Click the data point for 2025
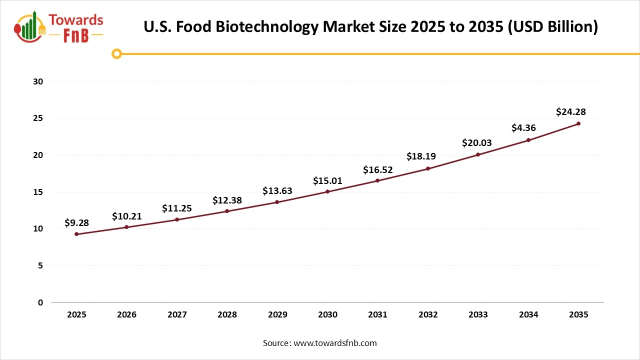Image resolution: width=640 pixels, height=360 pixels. pyautogui.click(x=76, y=234)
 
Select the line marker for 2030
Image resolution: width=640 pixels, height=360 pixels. pyautogui.click(x=327, y=191)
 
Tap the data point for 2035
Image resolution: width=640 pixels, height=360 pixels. pyautogui.click(x=578, y=123)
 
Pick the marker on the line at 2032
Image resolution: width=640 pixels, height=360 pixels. pyautogui.click(x=428, y=168)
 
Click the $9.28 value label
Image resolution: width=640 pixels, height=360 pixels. pyautogui.click(x=76, y=223)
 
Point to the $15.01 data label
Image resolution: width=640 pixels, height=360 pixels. pyautogui.click(x=327, y=180)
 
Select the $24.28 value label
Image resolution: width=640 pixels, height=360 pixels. pyautogui.click(x=570, y=112)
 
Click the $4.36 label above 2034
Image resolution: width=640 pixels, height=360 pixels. pyautogui.click(x=523, y=128)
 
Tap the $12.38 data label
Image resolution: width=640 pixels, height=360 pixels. pyautogui.click(x=227, y=200)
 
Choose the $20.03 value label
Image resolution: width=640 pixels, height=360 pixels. pyautogui.click(x=476, y=143)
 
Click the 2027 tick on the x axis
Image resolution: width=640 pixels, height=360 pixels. pyautogui.click(x=177, y=315)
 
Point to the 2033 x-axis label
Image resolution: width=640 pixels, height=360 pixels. pyautogui.click(x=478, y=315)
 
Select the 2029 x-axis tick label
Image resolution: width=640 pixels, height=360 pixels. pyautogui.click(x=277, y=315)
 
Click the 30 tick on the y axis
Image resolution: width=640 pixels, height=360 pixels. pyautogui.click(x=38, y=81)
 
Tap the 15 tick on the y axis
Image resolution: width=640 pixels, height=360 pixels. pyautogui.click(x=38, y=192)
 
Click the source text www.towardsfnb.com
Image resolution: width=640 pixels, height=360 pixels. pyautogui.click(x=334, y=343)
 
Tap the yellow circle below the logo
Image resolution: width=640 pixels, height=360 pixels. pyautogui.click(x=116, y=53)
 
